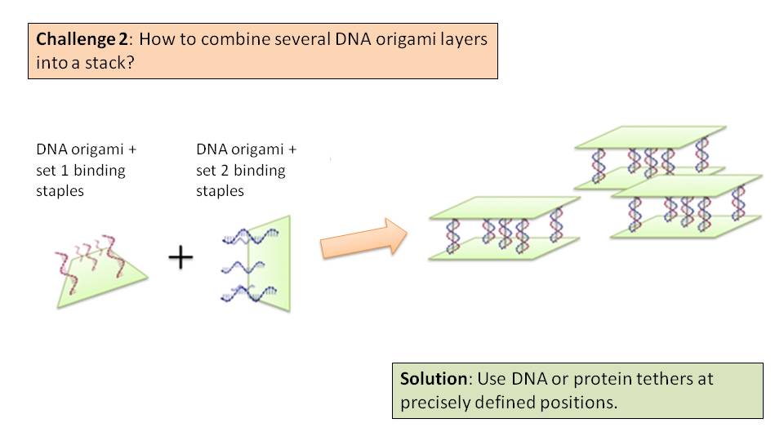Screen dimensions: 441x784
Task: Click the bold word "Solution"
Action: point(434,380)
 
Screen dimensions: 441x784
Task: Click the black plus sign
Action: point(180,258)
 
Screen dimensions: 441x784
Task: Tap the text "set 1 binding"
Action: point(80,171)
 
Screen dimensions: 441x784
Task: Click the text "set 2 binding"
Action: point(241,171)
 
